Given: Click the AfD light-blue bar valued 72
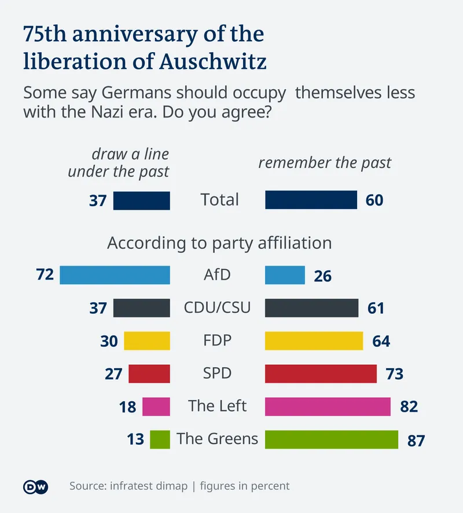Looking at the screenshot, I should (x=115, y=274).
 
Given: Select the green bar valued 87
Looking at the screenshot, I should (x=332, y=439).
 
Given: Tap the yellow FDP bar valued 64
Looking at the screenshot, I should (x=314, y=340).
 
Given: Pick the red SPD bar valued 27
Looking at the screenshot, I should (x=149, y=373).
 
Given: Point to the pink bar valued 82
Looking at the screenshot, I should (x=328, y=406).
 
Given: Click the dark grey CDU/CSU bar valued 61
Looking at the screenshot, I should (x=311, y=307).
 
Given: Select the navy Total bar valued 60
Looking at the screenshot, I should (x=311, y=200).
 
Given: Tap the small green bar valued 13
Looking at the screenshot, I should (x=160, y=439).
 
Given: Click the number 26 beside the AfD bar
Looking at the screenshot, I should (x=323, y=276).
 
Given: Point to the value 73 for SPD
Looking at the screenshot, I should (x=394, y=374).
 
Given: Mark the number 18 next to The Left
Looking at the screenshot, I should (x=127, y=407).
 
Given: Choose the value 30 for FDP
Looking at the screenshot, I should (x=109, y=342).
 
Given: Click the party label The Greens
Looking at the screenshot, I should (x=218, y=438).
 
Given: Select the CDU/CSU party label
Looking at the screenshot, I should (x=218, y=307).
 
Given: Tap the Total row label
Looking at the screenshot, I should (x=219, y=200).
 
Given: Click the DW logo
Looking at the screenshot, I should (x=36, y=486).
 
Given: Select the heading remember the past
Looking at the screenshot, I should (x=325, y=163).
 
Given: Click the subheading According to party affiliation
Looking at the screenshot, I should (x=219, y=243).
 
